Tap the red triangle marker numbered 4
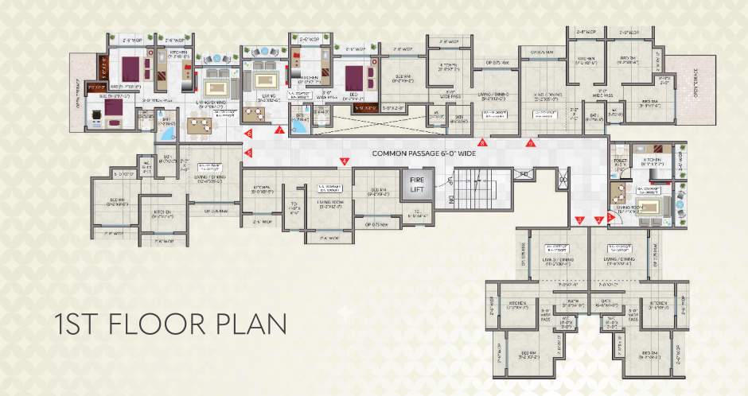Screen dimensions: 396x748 pyautogui.click(x=344, y=161)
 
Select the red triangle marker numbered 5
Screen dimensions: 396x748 pyautogui.click(x=248, y=152)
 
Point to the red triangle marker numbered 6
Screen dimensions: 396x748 pyautogui.click(x=248, y=133)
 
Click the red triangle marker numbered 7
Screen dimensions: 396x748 pyautogui.click(x=279, y=130)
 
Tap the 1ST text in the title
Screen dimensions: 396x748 pyautogui.click(x=76, y=326)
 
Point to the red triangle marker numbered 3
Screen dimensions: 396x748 pyautogui.click(x=580, y=219)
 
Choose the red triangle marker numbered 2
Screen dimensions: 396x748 pyautogui.click(x=598, y=219)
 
